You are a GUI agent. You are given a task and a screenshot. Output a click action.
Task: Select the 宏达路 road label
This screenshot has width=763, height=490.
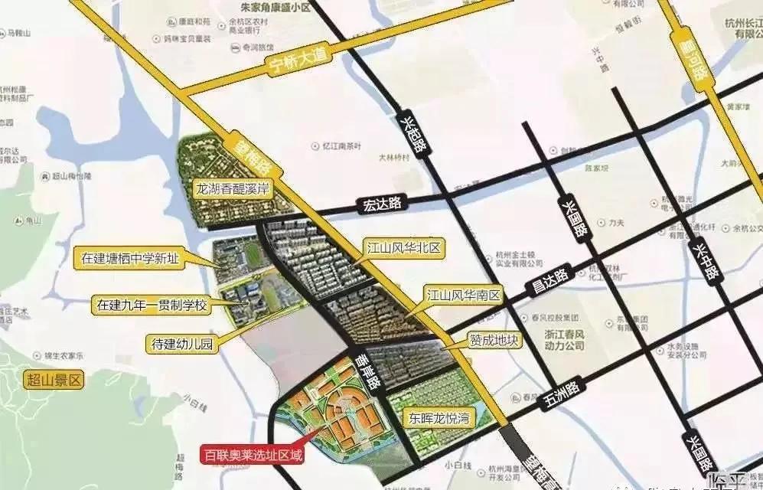(x=383, y=204)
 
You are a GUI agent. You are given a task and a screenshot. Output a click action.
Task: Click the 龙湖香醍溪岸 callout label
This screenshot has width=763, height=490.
(x=230, y=189)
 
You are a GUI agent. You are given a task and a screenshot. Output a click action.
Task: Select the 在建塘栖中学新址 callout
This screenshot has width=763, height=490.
(x=129, y=258)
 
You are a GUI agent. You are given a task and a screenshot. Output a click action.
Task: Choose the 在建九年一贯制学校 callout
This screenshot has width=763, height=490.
(x=152, y=305)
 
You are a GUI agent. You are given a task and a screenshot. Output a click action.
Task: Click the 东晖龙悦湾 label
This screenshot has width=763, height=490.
(x=438, y=418)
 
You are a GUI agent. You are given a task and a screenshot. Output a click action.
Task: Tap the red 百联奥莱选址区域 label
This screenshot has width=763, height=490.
(x=252, y=456)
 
